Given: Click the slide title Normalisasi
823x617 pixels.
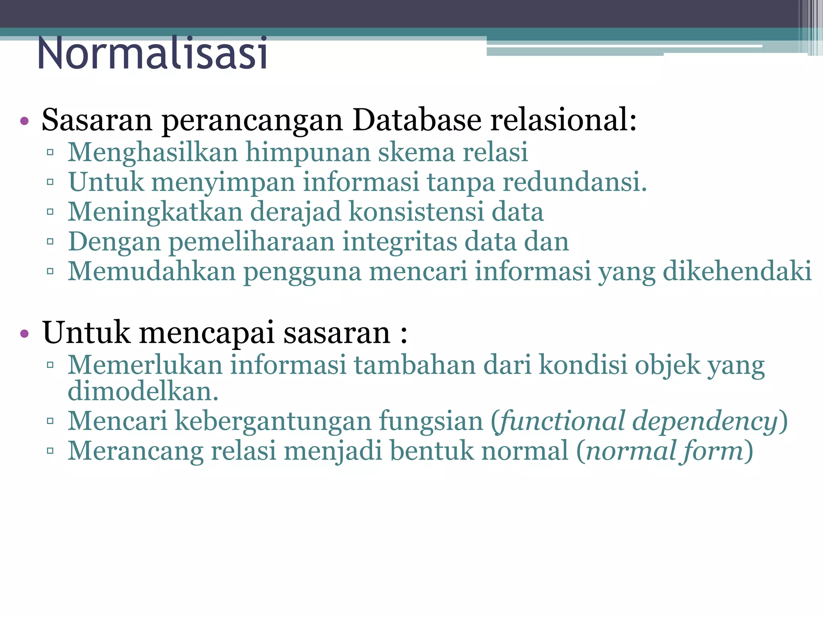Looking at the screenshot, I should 152,53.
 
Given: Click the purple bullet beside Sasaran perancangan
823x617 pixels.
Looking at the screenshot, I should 25,121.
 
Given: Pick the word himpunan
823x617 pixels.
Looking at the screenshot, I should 308,153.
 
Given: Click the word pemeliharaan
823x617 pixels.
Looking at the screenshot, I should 252,242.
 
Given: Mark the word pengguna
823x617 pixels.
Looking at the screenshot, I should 303,272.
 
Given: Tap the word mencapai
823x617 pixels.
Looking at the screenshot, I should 207,333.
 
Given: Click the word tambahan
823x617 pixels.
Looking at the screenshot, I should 414,365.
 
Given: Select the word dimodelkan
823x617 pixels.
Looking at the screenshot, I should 143,391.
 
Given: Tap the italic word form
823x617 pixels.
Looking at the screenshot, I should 711,451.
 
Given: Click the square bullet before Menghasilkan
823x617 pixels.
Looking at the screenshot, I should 50,152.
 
